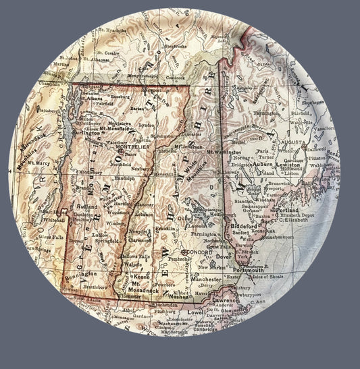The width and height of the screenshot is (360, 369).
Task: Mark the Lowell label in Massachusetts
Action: click(x=195, y=313)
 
